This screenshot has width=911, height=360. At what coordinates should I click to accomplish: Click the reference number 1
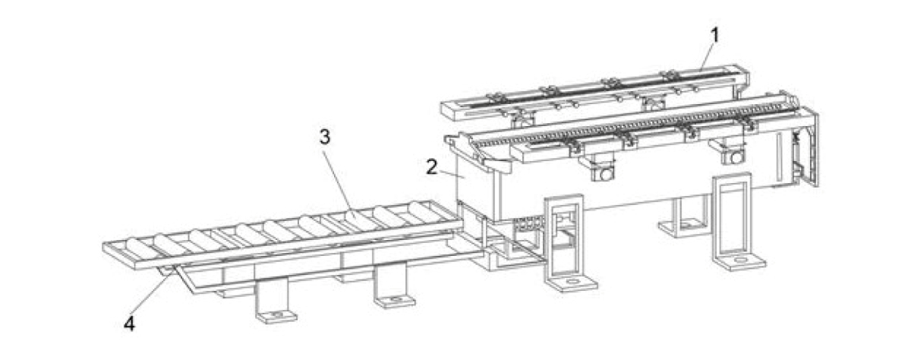click(714, 36)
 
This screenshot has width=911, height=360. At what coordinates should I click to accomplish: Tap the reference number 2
click(432, 167)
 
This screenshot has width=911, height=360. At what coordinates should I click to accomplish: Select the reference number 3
click(325, 137)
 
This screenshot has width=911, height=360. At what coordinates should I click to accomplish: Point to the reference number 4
click(129, 324)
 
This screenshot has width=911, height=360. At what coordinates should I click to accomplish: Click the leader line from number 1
click(707, 58)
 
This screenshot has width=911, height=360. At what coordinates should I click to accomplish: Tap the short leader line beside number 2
click(452, 174)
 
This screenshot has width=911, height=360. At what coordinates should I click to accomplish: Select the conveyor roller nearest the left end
click(140, 250)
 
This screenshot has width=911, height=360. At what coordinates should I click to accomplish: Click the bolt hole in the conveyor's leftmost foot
click(277, 315)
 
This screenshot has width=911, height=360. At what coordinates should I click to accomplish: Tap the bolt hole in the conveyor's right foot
click(395, 300)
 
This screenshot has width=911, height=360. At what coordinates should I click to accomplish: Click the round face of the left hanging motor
click(606, 174)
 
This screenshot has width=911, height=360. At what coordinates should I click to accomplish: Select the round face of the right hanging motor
click(736, 157)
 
